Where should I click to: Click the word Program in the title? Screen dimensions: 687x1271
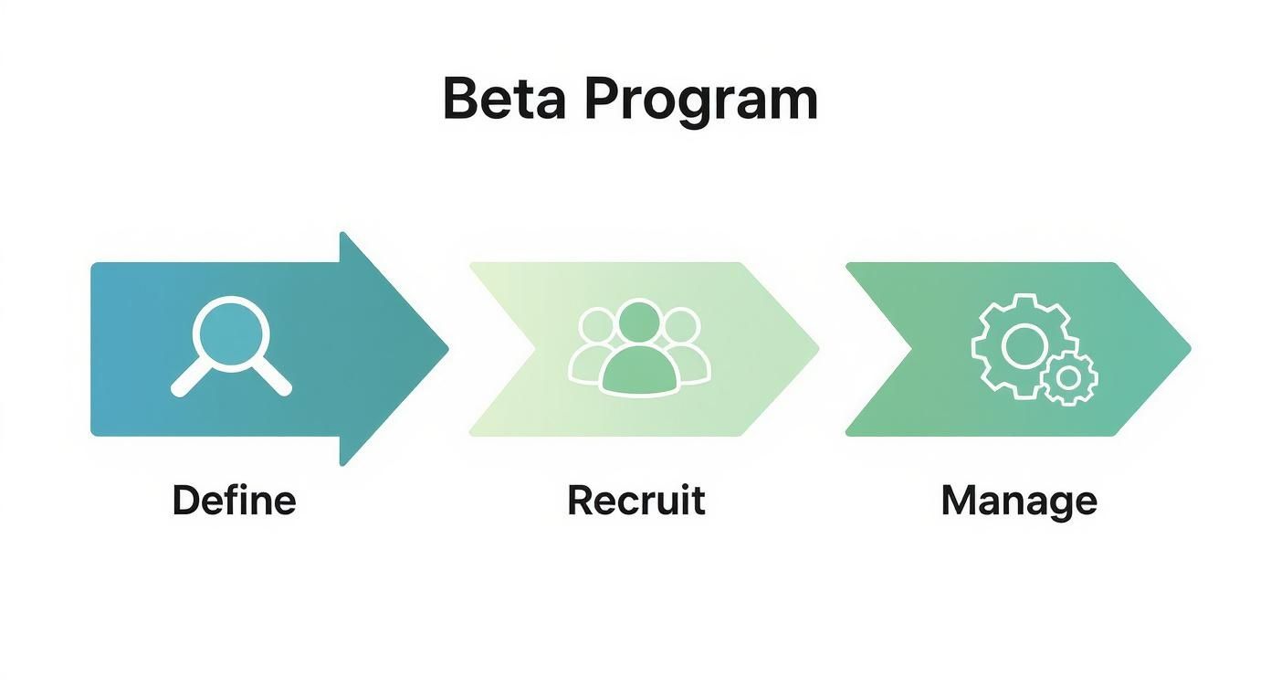700,100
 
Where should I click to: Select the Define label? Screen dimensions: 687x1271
234,501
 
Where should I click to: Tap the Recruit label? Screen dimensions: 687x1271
636,501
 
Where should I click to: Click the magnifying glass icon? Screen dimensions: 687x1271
232,346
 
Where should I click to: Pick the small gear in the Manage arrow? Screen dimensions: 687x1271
1069,377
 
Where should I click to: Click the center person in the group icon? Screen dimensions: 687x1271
638,352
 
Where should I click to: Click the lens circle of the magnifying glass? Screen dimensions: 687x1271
232,334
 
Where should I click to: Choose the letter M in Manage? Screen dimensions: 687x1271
959,501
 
